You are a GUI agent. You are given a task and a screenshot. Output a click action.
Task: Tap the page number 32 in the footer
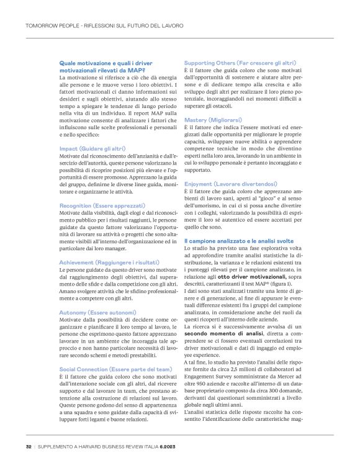(x=29, y=446)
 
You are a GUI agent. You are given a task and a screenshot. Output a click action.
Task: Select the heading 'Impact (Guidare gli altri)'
(x=92, y=149)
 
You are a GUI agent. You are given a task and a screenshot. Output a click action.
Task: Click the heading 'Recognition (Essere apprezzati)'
(x=102, y=205)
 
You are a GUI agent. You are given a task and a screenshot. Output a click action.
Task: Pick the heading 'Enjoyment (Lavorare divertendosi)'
(x=230, y=184)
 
